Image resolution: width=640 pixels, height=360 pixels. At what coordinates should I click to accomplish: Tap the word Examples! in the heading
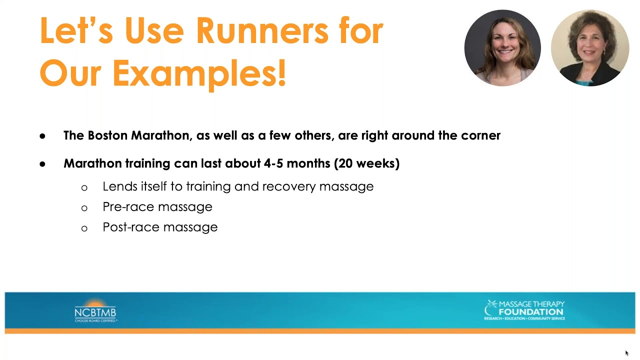[x=199, y=72]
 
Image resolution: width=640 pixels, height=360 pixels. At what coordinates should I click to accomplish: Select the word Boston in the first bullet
[x=107, y=135]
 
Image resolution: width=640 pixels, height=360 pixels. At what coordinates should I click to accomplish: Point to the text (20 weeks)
[x=366, y=163]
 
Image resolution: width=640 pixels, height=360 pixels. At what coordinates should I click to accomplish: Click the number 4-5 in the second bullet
[x=272, y=163]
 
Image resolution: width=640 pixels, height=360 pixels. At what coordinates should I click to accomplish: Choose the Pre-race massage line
[x=157, y=206]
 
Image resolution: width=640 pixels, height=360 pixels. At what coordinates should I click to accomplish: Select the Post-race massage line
[x=160, y=227]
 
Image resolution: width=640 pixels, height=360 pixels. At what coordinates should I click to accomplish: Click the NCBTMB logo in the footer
[x=95, y=310]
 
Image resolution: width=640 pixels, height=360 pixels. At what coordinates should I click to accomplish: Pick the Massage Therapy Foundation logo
[x=524, y=310]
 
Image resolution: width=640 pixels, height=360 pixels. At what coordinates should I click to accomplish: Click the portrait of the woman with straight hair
[x=502, y=48]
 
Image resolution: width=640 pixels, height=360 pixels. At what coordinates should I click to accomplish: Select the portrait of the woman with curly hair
[x=589, y=48]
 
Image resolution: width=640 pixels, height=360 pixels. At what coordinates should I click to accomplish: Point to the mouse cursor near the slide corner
[x=626, y=353]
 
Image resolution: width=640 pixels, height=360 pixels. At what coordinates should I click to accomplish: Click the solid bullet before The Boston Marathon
[x=42, y=136]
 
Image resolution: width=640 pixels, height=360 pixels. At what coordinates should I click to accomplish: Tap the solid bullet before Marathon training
[x=42, y=164]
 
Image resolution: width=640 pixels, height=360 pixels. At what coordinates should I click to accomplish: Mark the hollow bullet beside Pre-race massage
[x=84, y=208]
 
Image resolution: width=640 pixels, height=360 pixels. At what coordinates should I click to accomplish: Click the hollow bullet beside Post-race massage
[x=84, y=228]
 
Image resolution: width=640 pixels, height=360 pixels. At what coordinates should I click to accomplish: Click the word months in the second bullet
[x=309, y=163]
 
